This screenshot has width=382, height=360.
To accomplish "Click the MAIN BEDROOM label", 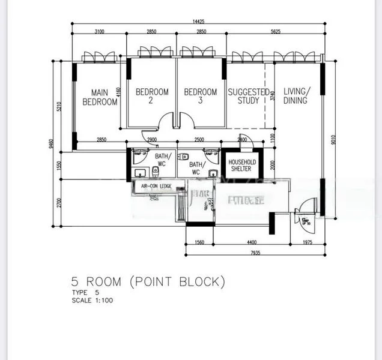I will click(x=100, y=97).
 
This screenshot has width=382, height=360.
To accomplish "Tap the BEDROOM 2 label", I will click(x=152, y=96).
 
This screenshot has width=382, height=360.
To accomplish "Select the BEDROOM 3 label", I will click(x=200, y=96).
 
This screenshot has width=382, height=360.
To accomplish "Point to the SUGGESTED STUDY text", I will click(x=248, y=96).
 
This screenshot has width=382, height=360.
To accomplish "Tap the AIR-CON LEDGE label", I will click(x=156, y=187).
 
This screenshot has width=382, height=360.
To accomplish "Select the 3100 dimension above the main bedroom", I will click(x=99, y=32).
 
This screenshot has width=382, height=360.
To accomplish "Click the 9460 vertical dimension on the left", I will click(x=52, y=143).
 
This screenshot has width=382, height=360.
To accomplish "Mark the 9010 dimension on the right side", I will click(x=332, y=139).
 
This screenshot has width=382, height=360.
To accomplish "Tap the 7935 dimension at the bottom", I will click(x=255, y=253).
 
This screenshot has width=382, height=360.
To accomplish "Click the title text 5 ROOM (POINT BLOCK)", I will click(x=148, y=281).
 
